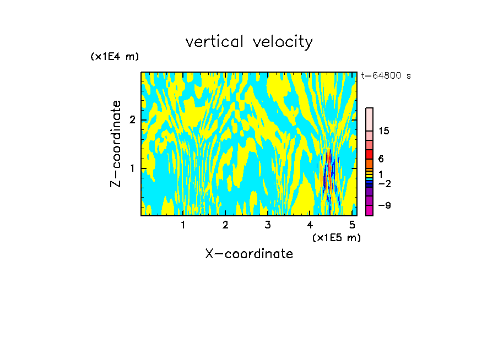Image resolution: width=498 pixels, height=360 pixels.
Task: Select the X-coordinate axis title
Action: [x=249, y=254]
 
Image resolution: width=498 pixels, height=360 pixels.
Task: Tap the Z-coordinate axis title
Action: [x=116, y=144]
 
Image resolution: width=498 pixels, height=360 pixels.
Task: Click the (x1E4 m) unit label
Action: [x=115, y=57]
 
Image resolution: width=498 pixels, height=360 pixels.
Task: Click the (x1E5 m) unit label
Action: [x=336, y=237]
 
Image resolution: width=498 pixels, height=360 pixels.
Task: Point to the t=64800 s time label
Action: [x=386, y=76]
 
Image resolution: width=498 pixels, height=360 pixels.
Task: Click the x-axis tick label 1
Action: [x=183, y=225]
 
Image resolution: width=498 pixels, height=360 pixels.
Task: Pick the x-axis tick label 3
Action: [x=267, y=225]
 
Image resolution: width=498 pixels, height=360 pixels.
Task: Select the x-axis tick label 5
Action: [x=352, y=225]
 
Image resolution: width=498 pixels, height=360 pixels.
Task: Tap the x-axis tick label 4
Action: [x=310, y=225]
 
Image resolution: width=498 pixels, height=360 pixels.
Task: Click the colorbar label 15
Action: [x=384, y=131]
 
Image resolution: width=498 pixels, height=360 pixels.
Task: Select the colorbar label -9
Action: [x=384, y=206]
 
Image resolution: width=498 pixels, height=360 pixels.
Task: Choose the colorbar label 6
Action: [x=381, y=159]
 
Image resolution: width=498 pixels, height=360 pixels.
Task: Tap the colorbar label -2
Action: [x=384, y=183]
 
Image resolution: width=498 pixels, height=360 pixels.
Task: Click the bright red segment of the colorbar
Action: [x=369, y=155]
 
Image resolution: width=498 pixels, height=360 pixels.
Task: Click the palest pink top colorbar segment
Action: [x=369, y=119]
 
